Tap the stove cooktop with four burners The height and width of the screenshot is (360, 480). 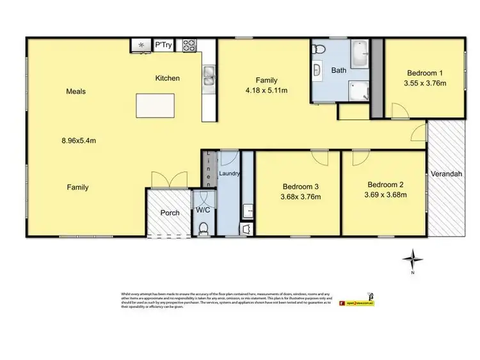click(189, 45)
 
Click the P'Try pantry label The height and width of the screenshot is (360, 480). click(163, 45)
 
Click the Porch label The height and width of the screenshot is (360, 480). click(170, 213)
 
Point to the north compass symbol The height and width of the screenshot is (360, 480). click(413, 260)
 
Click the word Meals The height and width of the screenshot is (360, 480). click(76, 91)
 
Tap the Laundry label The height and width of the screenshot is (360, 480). click(229, 173)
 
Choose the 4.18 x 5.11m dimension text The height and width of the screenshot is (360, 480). click(267, 90)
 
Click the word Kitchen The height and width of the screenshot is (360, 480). click(168, 79)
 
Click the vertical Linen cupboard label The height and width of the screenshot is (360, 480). click(207, 168)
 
